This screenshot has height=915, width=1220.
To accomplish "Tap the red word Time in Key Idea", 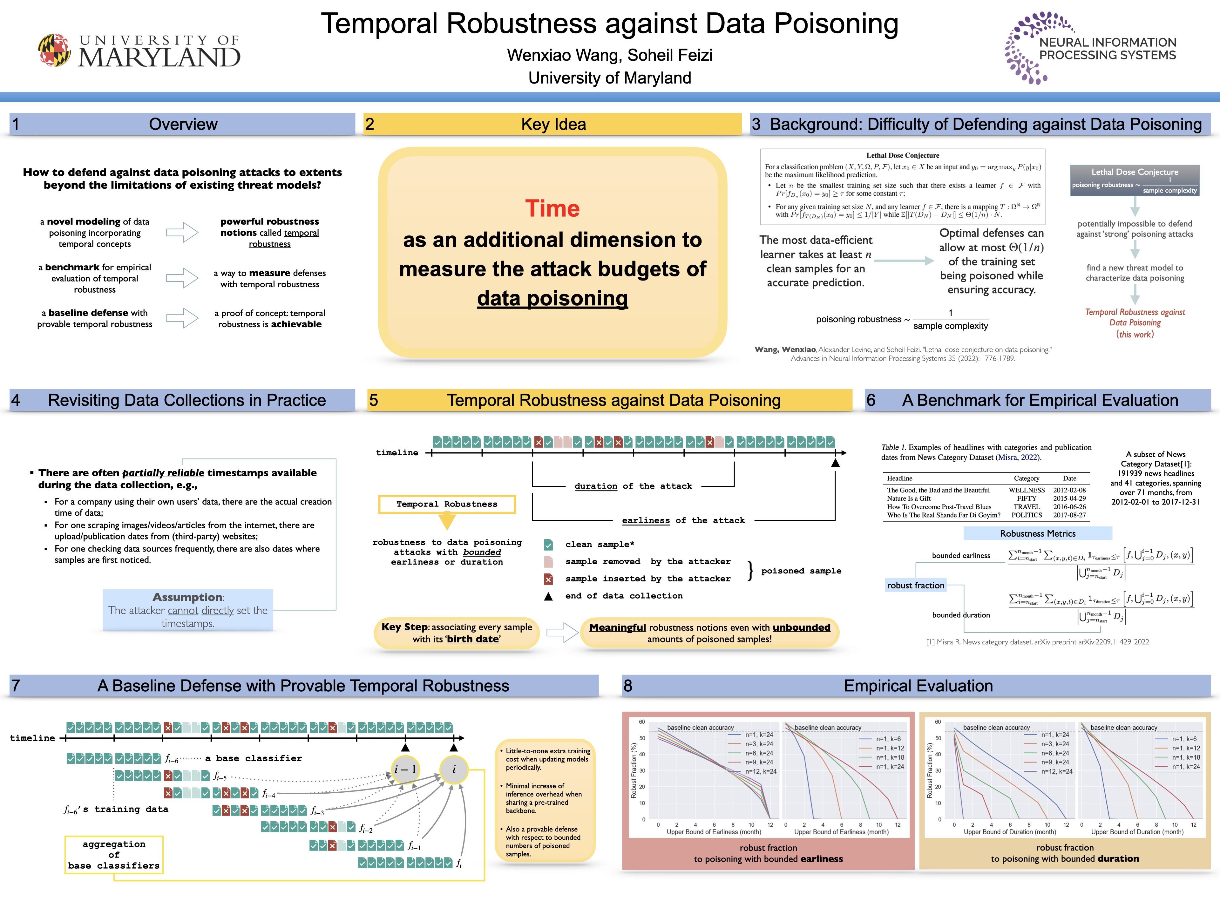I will [x=552, y=208].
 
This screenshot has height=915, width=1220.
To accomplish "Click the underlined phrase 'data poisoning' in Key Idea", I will [x=552, y=298].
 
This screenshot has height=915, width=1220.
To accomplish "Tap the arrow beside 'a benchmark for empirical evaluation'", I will [x=182, y=278].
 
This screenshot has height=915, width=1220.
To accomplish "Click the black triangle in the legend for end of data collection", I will [x=548, y=596].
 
